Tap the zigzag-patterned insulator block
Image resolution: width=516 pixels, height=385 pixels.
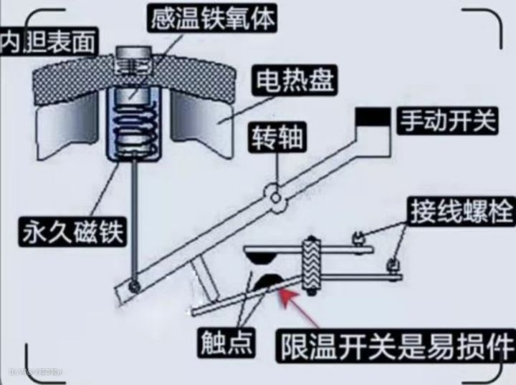(x=311, y=265)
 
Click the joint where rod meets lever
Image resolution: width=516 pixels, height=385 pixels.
(x=134, y=287)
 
